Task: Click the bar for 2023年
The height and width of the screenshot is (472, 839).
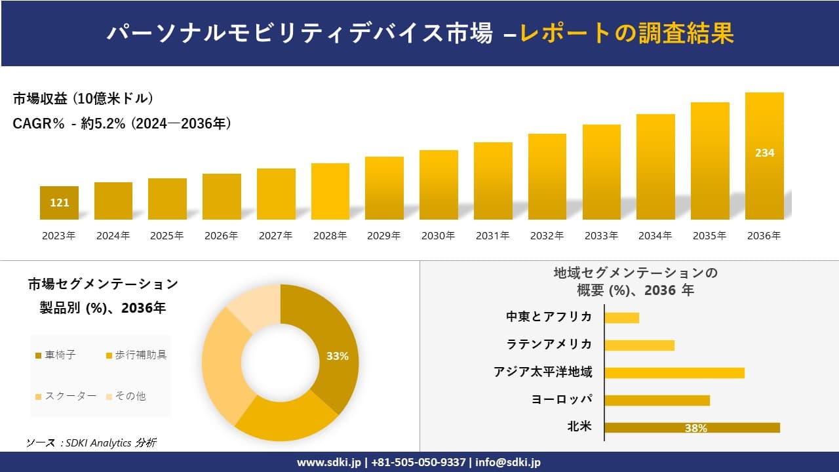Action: tap(59, 203)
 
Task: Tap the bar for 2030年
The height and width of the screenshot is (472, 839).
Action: tap(439, 185)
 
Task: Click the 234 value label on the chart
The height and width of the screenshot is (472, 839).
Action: tap(764, 153)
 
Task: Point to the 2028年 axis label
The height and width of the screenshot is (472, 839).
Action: tap(330, 236)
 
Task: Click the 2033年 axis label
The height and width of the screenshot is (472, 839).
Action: tap(601, 236)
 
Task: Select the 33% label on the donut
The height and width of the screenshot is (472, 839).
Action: tap(337, 357)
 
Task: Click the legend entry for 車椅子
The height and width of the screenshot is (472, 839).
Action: tap(56, 355)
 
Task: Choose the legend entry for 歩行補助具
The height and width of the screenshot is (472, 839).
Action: tap(136, 355)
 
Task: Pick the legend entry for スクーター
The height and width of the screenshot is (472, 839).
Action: tap(66, 396)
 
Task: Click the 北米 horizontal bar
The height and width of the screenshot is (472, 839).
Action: tap(692, 427)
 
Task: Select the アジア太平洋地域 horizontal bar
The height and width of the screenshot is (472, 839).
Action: tap(674, 373)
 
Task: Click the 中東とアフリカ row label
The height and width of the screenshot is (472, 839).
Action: tap(549, 317)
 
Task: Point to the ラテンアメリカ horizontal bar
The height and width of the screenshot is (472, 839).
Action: tap(639, 345)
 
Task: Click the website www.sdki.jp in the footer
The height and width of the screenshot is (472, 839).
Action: tap(328, 462)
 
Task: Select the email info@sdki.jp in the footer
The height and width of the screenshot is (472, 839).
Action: tap(509, 462)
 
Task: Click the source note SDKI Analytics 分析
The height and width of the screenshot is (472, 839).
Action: tap(91, 443)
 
